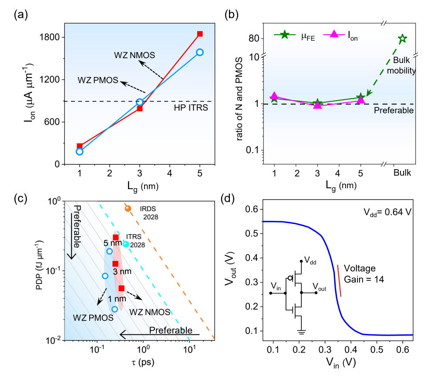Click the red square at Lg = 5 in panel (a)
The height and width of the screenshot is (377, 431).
click(200, 34)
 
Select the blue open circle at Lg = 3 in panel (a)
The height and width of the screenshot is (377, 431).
click(140, 102)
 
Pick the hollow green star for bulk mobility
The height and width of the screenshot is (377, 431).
click(402, 39)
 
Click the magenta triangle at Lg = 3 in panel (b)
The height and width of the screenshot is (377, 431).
click(317, 105)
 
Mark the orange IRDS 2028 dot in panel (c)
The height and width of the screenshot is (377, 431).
click(128, 208)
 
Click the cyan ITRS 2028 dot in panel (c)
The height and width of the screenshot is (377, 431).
click(126, 244)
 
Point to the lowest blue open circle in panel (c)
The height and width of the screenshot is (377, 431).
click(115, 309)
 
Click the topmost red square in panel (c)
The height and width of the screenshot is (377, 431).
click(116, 237)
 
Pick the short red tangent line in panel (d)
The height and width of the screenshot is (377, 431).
click(339, 280)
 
